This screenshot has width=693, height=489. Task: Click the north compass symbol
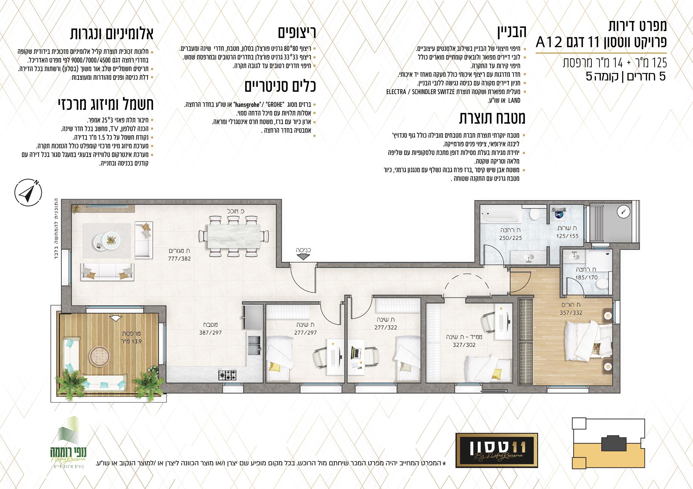coord(28,192)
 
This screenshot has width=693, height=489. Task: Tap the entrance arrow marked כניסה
coord(303,257)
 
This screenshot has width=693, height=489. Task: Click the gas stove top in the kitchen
coord(228,375)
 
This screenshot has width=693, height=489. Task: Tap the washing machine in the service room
coord(559,215)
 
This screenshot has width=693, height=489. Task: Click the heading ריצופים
coord(297,32)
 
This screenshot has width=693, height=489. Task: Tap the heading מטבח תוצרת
coord(492,118)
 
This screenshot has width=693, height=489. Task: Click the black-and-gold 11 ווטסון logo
coord(497,450)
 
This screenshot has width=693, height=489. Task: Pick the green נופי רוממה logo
coord(68,442)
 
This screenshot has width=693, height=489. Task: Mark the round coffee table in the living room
coord(107,240)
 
